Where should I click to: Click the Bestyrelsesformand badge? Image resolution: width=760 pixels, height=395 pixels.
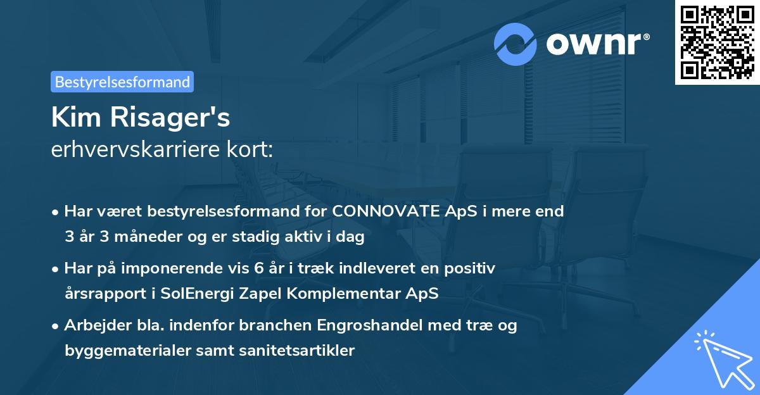[122, 82]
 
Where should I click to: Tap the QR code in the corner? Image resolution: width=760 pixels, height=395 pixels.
[717, 42]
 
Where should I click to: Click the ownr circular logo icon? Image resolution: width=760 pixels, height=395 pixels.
[516, 44]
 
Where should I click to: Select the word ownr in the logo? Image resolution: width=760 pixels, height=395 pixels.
[593, 44]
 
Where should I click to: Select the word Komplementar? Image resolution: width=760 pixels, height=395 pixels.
[348, 294]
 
